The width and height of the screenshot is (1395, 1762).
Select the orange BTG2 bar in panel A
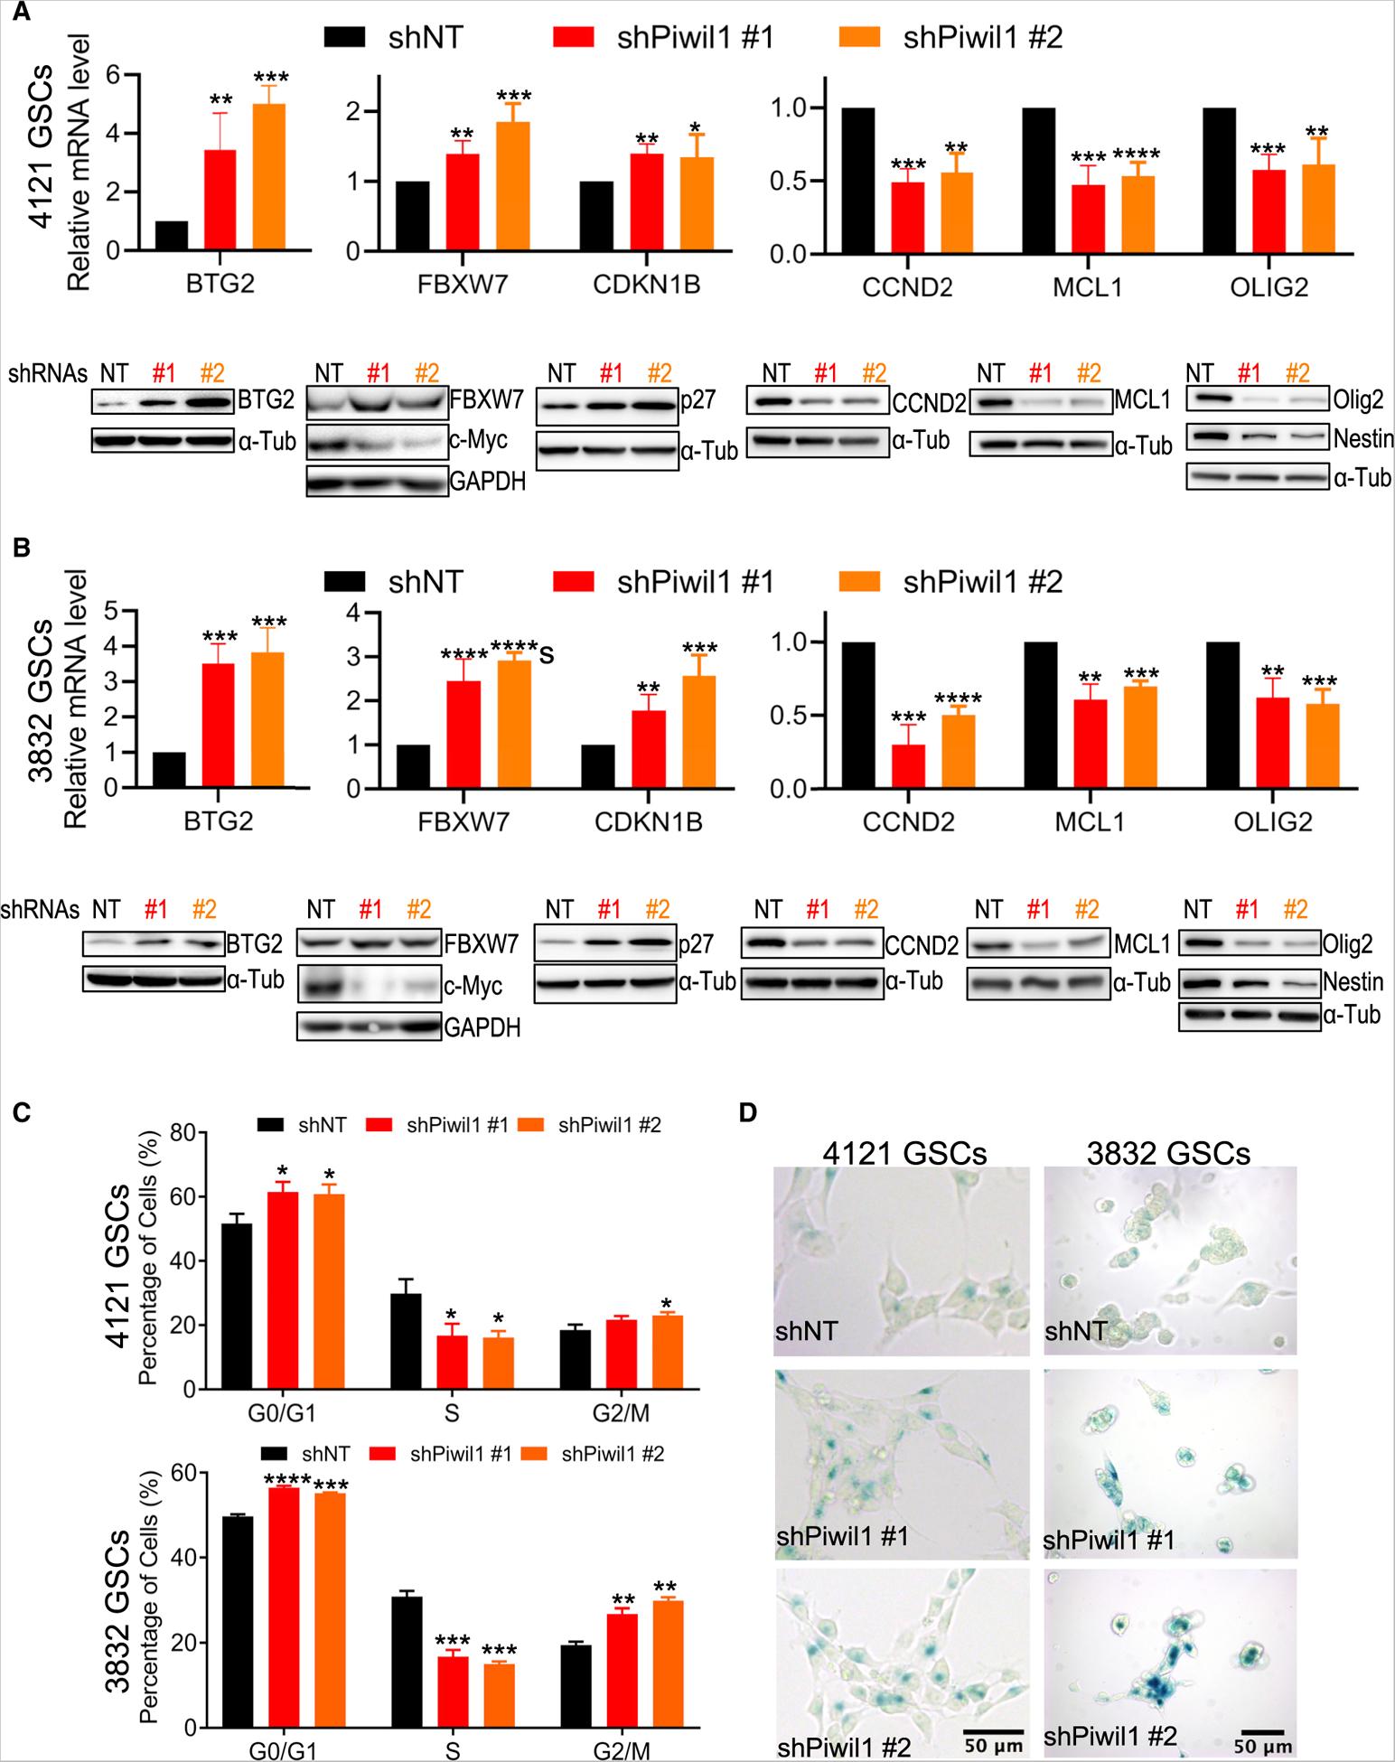tap(269, 177)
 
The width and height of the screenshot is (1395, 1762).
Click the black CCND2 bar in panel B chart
tap(857, 715)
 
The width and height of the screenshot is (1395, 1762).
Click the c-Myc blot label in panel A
tap(478, 441)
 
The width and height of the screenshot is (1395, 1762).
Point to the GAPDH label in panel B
tap(482, 1027)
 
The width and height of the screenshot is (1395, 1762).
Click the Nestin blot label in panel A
tap(1363, 439)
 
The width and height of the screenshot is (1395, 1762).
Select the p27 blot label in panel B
tap(697, 944)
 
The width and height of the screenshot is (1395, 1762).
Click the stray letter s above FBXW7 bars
tap(545, 655)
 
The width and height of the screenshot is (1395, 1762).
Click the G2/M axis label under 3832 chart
tap(623, 1750)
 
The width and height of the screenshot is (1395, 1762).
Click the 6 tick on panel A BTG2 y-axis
tap(113, 75)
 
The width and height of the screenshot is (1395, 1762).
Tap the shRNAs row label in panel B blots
tap(41, 909)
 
